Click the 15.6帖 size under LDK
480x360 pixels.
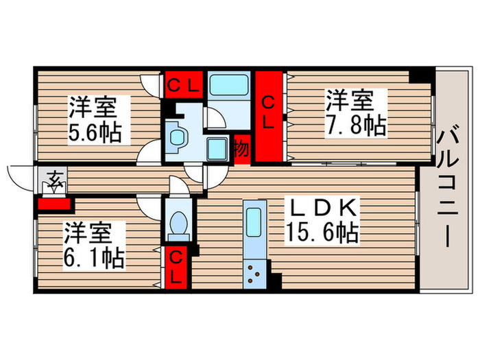point(322,233)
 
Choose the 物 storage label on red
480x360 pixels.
point(241,147)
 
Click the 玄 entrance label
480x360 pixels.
point(53,182)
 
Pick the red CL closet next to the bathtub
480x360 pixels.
point(183,86)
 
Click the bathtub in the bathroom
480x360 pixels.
point(229,86)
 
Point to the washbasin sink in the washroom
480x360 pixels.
point(175,135)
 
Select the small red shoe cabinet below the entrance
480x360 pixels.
point(51,203)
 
